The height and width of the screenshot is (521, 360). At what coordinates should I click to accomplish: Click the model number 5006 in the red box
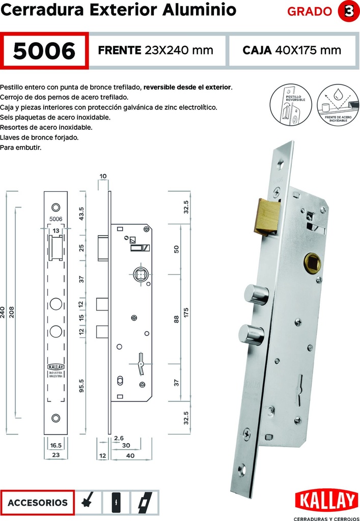pyautogui.click(x=45, y=50)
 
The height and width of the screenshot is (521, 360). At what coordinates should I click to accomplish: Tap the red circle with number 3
pyautogui.click(x=349, y=12)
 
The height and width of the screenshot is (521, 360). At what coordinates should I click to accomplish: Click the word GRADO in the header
pyautogui.click(x=310, y=12)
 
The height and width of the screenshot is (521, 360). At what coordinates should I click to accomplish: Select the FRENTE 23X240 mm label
pyautogui.click(x=155, y=50)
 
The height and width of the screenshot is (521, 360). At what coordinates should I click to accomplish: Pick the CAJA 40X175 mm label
pyautogui.click(x=292, y=50)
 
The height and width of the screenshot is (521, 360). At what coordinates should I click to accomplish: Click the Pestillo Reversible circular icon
pyautogui.click(x=289, y=105)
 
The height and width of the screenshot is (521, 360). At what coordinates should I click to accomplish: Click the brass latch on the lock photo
pyautogui.click(x=267, y=217)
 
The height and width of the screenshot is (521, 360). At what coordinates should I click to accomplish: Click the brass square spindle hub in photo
pyautogui.click(x=311, y=263)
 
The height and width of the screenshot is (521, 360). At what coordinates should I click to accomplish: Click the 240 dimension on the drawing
pyautogui.click(x=4, y=312)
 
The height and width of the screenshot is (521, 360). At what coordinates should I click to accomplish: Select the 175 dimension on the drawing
pyautogui.click(x=186, y=312)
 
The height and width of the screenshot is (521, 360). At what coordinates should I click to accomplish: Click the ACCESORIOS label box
pyautogui.click(x=38, y=502)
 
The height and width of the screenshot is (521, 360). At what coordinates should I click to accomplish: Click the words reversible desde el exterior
pyautogui.click(x=187, y=87)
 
